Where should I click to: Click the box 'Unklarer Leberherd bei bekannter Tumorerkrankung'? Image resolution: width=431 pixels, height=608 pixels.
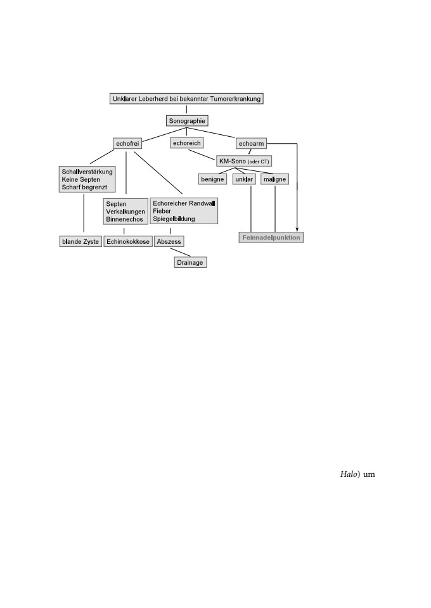click(x=186, y=99)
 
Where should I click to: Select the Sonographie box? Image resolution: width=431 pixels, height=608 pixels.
click(x=187, y=120)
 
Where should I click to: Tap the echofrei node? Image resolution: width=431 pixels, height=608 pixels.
click(x=127, y=144)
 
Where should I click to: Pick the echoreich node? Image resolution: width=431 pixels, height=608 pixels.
click(x=186, y=143)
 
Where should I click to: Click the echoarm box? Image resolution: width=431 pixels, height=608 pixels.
click(x=251, y=144)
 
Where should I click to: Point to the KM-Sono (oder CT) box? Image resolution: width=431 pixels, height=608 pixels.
click(x=244, y=161)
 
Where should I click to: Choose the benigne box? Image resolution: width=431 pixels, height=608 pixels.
click(x=212, y=179)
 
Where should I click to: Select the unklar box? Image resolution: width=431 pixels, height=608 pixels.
click(x=244, y=179)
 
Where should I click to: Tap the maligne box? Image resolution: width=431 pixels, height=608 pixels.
click(x=274, y=179)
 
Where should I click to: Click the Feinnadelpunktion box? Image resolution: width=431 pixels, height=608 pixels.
click(x=271, y=237)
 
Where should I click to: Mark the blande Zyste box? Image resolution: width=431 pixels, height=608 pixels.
click(x=80, y=241)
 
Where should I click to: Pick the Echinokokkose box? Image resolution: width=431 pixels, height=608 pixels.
click(x=127, y=241)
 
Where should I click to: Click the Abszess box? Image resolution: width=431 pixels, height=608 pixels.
click(x=169, y=241)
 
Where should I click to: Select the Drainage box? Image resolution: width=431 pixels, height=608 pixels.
click(x=190, y=262)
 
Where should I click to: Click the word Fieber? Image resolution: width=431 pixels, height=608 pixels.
click(x=162, y=211)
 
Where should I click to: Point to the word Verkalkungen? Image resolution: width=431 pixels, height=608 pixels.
click(x=125, y=212)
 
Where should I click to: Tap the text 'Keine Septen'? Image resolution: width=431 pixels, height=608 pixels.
click(x=80, y=179)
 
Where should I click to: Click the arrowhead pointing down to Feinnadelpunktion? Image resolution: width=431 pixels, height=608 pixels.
click(x=297, y=229)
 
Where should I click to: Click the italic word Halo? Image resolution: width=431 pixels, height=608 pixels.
click(x=349, y=474)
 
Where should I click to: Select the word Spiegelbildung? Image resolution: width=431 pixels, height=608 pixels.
click(x=174, y=218)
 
